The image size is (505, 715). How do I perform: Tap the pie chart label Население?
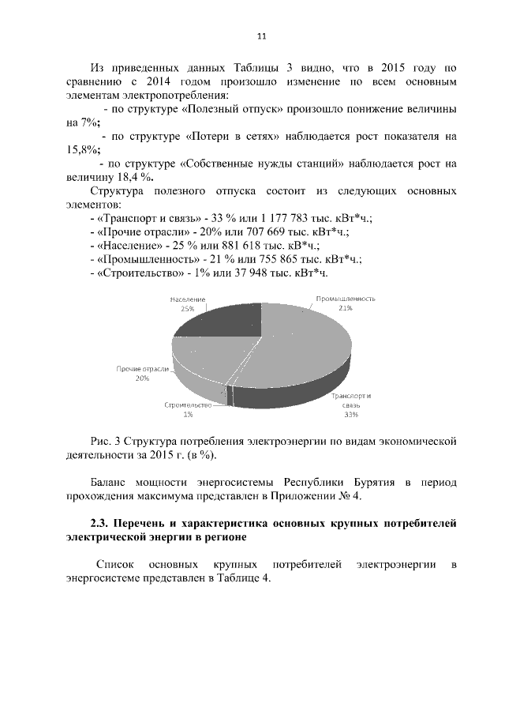[x=187, y=299]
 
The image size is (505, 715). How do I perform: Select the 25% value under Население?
[x=187, y=309]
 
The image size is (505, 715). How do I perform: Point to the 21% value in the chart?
[x=345, y=309]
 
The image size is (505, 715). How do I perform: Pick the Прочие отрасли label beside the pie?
[x=143, y=369]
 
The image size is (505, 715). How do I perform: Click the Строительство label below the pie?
[x=189, y=405]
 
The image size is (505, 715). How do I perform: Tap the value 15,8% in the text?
[x=83, y=149]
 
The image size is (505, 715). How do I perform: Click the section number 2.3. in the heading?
[x=103, y=523]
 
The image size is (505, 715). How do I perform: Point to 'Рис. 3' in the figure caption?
[x=106, y=440]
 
